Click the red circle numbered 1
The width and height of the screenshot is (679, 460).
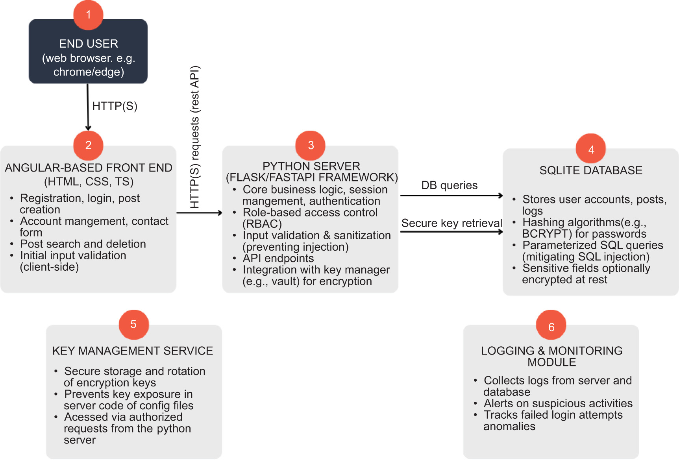click(x=88, y=15)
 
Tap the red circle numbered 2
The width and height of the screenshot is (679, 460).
click(x=88, y=145)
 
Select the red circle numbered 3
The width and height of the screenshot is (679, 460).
click(x=311, y=145)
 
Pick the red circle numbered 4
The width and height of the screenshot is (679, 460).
click(x=591, y=149)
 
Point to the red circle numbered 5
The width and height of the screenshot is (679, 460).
click(x=134, y=324)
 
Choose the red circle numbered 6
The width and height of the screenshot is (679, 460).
click(x=551, y=326)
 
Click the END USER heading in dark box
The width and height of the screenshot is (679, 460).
click(x=89, y=44)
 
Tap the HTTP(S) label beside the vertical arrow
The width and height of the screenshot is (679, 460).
click(x=115, y=106)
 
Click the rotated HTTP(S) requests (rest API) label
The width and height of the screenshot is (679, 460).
click(x=195, y=137)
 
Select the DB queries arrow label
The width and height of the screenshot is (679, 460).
click(x=449, y=185)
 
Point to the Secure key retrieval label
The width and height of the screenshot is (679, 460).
click(x=451, y=223)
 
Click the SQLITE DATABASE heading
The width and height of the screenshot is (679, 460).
click(x=591, y=170)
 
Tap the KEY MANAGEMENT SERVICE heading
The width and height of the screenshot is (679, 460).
click(x=133, y=351)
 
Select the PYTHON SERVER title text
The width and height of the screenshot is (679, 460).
click(x=311, y=166)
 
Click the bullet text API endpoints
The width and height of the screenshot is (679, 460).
click(x=278, y=258)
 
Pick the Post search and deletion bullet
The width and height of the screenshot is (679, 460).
click(x=83, y=244)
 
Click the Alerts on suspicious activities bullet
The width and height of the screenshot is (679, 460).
click(x=558, y=403)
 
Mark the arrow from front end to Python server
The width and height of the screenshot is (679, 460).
click(x=199, y=213)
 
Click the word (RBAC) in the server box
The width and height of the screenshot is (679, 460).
click(x=262, y=224)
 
